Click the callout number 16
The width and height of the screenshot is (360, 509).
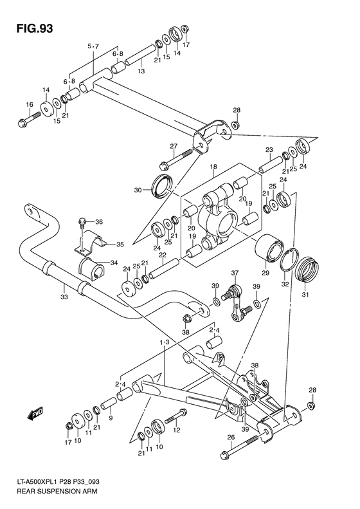pyautogui.click(x=29, y=104)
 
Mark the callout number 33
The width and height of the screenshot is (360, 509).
pyautogui.click(x=63, y=297)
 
